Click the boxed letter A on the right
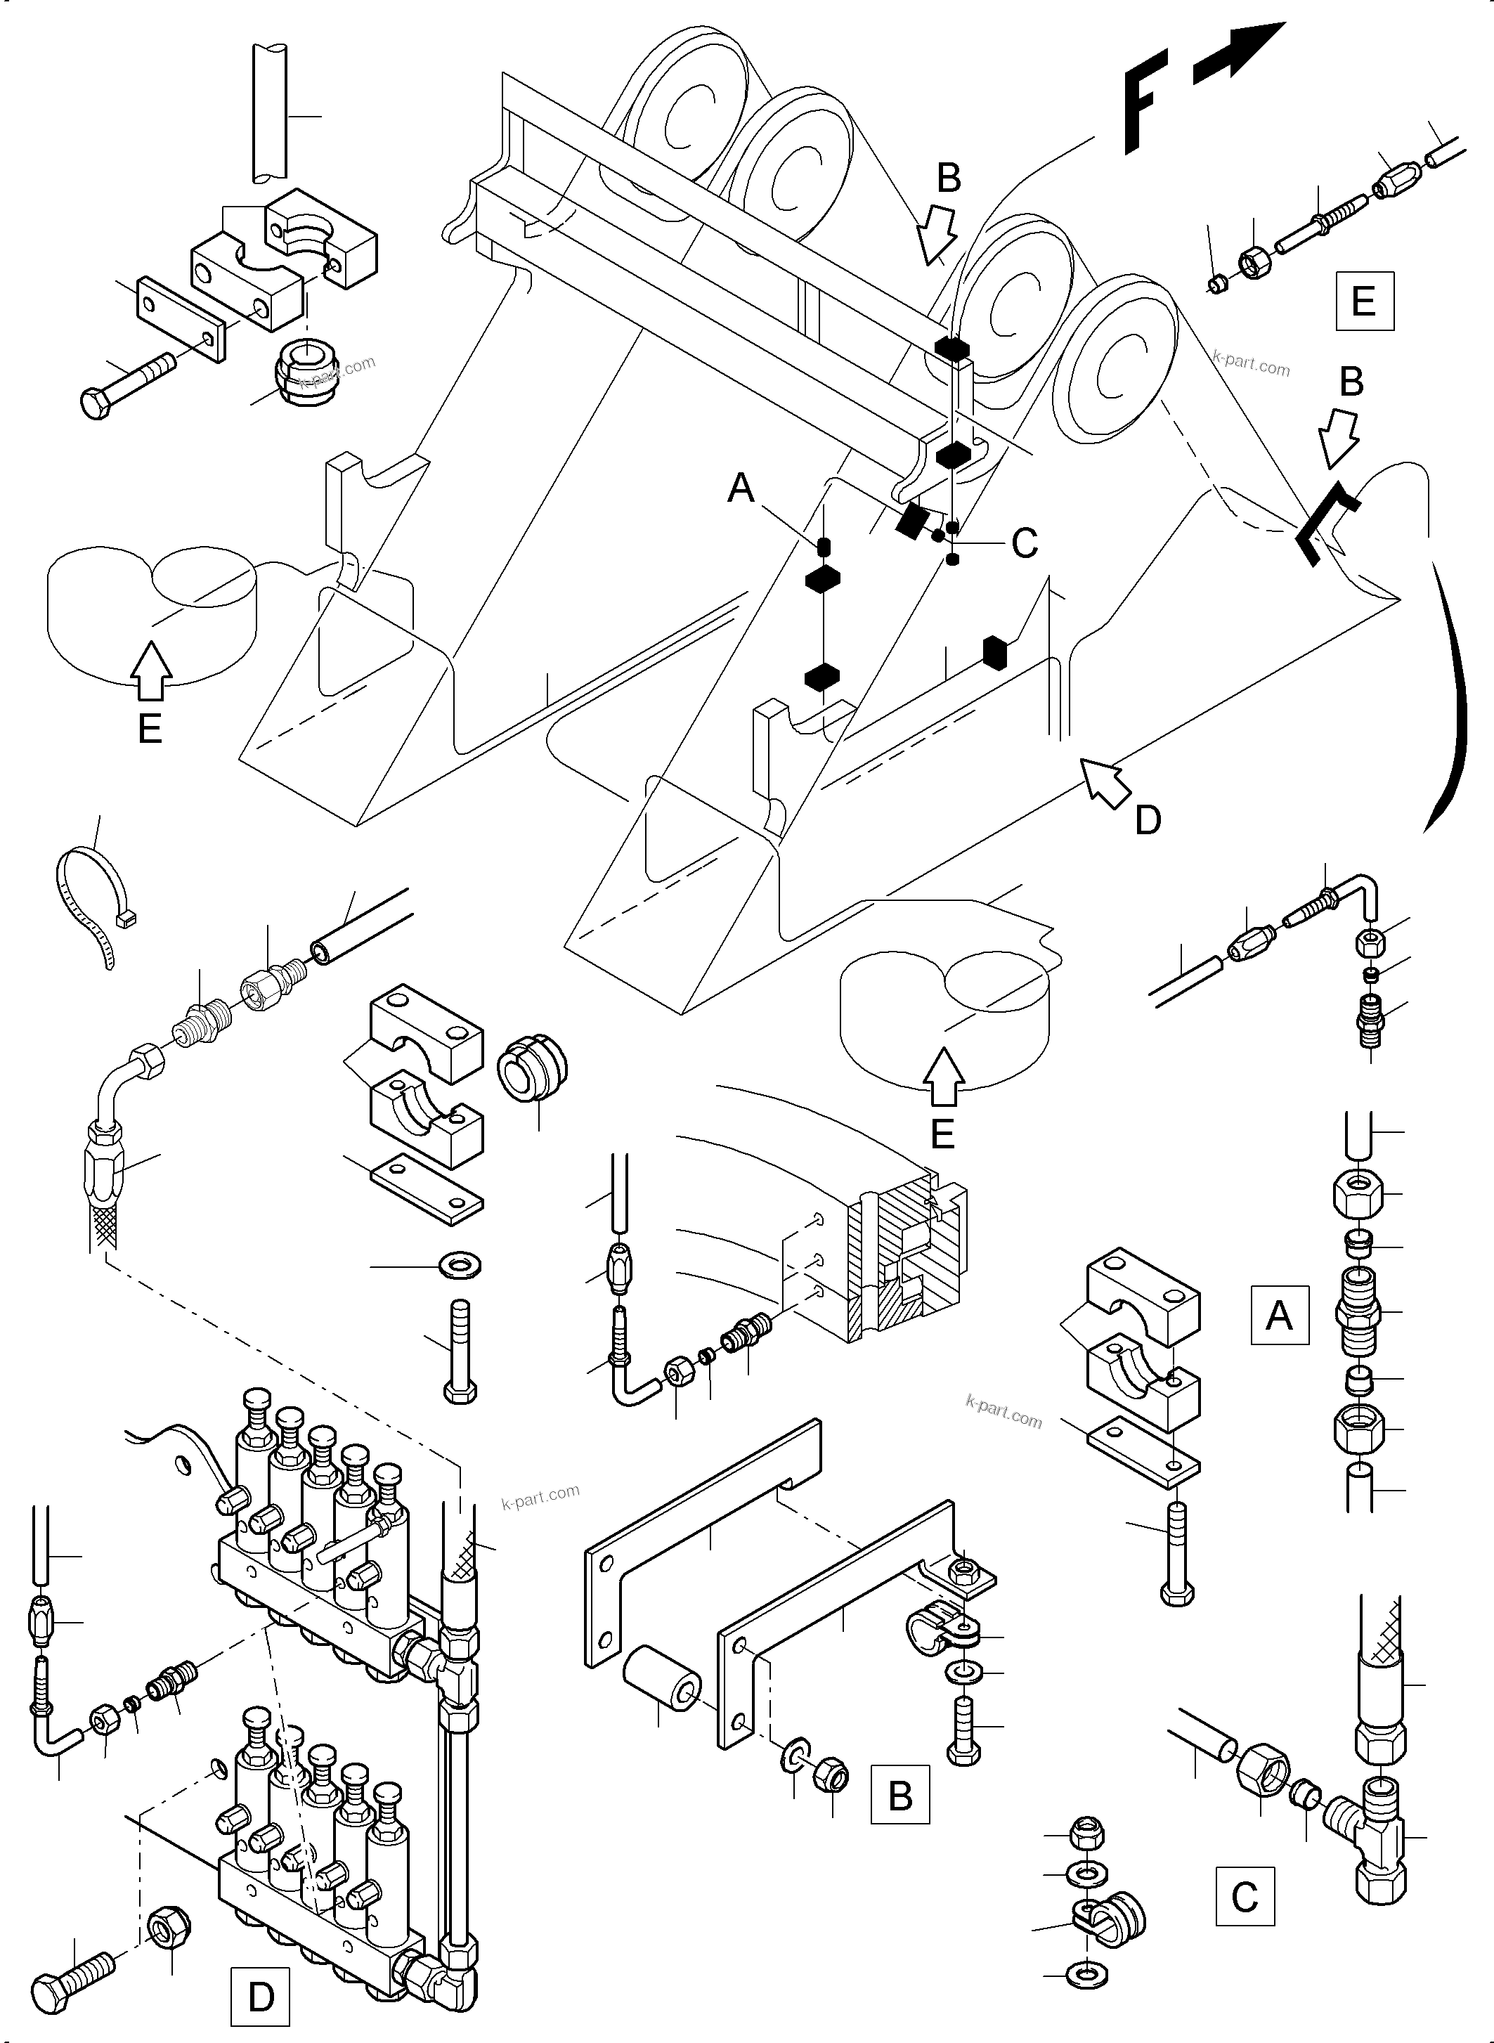click(1279, 1315)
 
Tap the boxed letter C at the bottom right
click(1245, 1897)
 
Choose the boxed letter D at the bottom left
click(261, 1996)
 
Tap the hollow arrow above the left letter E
click(151, 670)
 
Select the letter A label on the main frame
click(741, 488)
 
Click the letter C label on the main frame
click(1024, 543)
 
